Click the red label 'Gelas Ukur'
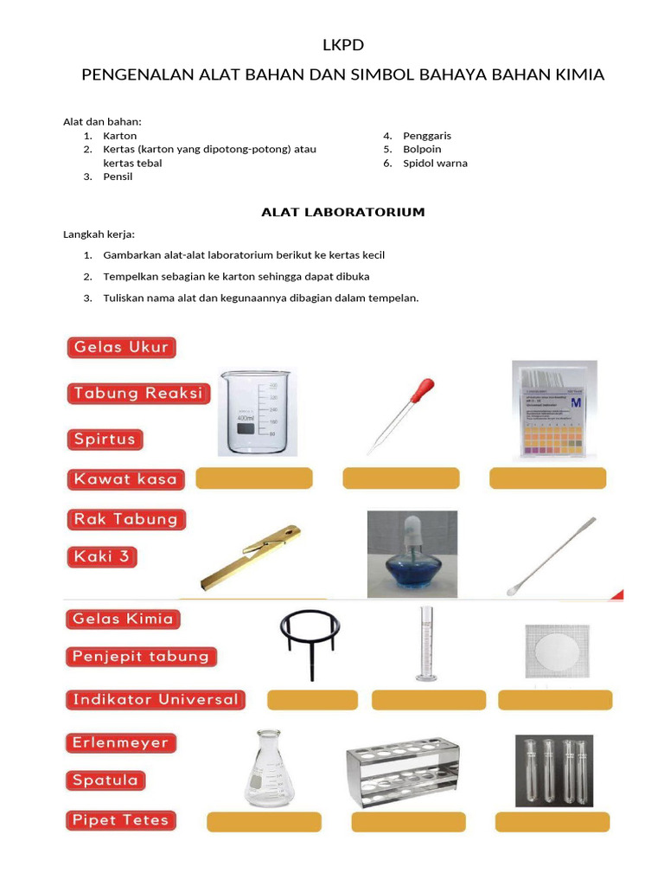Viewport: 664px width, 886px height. pyautogui.click(x=122, y=348)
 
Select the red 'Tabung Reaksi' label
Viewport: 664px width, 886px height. pyautogui.click(x=138, y=394)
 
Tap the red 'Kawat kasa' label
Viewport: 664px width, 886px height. pyautogui.click(x=125, y=478)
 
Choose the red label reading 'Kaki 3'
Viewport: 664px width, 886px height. pyautogui.click(x=102, y=557)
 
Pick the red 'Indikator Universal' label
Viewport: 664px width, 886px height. pyautogui.click(x=156, y=699)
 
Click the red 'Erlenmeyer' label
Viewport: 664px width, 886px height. pyautogui.click(x=121, y=742)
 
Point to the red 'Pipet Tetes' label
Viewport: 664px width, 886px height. pyautogui.click(x=120, y=819)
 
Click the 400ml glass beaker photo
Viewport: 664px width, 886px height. pyautogui.click(x=257, y=414)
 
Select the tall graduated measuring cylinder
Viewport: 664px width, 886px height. pyautogui.click(x=425, y=644)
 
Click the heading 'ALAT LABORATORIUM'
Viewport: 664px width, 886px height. pyautogui.click(x=342, y=212)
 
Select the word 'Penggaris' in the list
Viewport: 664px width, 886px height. pyautogui.click(x=427, y=136)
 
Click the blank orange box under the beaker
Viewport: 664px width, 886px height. pyautogui.click(x=254, y=478)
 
